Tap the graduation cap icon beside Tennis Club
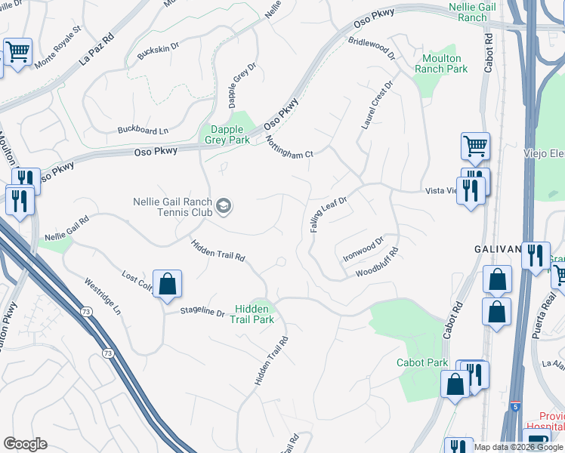point(224,205)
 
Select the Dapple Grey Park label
point(228,134)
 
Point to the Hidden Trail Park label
point(253,314)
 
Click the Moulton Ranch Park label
point(441,63)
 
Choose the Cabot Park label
point(422,362)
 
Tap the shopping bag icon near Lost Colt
point(168,285)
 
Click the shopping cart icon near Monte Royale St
point(17,52)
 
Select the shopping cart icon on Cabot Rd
point(475,145)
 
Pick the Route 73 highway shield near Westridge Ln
point(108,353)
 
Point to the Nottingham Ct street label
point(288,146)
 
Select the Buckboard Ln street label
point(143,130)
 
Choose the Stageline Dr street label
point(202,312)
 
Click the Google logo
point(25,444)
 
